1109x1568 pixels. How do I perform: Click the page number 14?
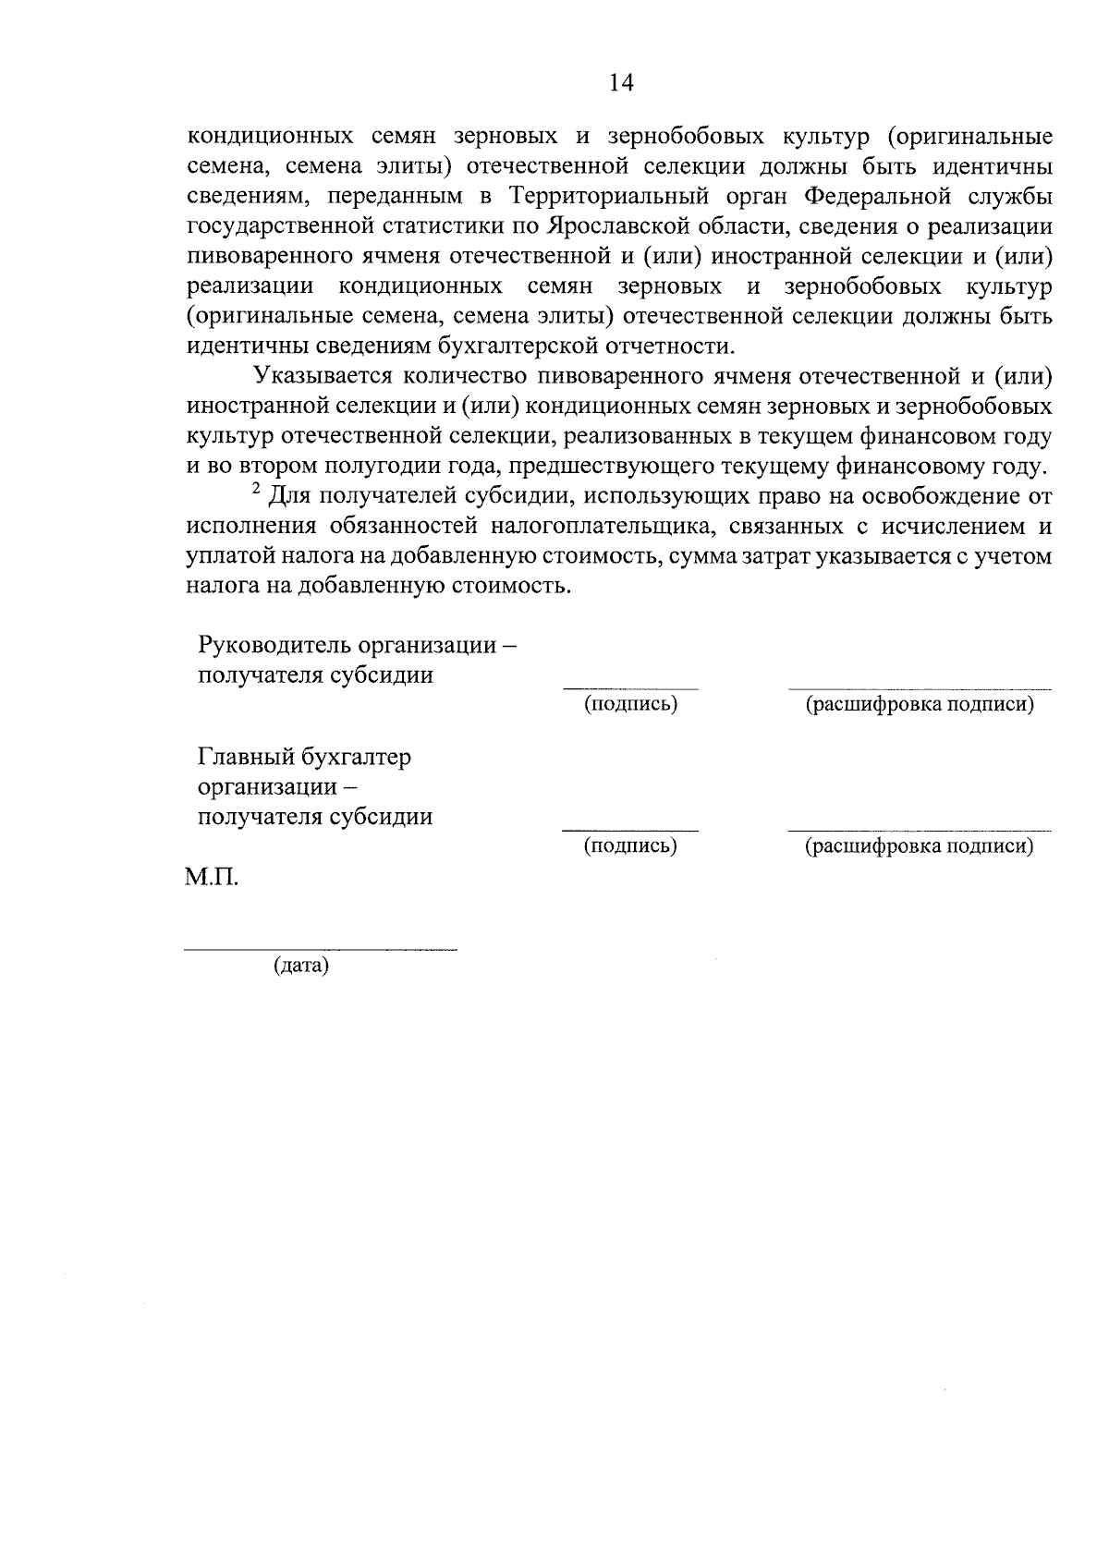click(x=621, y=83)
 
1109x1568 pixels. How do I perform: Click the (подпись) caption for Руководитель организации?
click(x=631, y=704)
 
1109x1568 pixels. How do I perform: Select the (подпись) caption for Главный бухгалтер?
click(x=631, y=845)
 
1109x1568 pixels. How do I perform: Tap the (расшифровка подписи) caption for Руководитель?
click(x=920, y=704)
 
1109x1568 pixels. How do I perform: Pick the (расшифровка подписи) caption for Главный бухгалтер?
click(x=920, y=845)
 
